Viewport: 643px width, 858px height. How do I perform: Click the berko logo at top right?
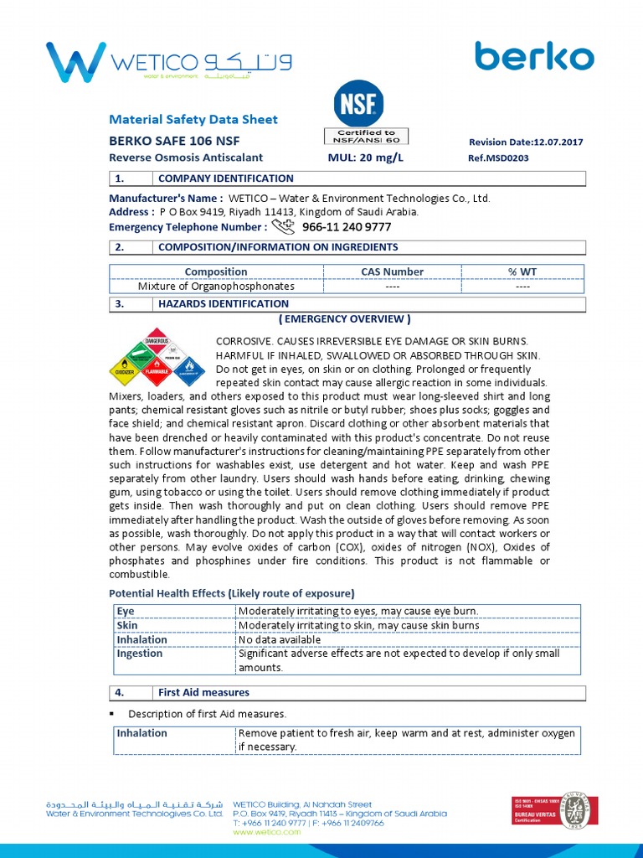point(534,57)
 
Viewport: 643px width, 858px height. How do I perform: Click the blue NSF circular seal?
point(359,104)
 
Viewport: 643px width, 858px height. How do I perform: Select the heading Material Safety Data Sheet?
point(193,120)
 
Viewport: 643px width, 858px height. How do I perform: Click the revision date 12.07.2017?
point(526,142)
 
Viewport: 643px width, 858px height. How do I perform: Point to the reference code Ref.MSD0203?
point(498,158)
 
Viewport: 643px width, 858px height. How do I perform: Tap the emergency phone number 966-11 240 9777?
point(347,227)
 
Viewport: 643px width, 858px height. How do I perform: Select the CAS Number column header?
point(392,271)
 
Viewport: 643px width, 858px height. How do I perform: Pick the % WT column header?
point(522,271)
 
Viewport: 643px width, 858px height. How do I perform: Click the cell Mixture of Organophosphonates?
point(216,286)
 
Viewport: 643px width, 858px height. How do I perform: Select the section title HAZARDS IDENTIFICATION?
point(224,304)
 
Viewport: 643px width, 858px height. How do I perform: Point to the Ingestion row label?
point(140,654)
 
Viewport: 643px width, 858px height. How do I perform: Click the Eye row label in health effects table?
point(125,611)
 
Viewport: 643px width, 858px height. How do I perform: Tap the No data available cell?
point(280,639)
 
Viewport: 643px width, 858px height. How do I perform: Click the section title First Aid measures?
point(203,693)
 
